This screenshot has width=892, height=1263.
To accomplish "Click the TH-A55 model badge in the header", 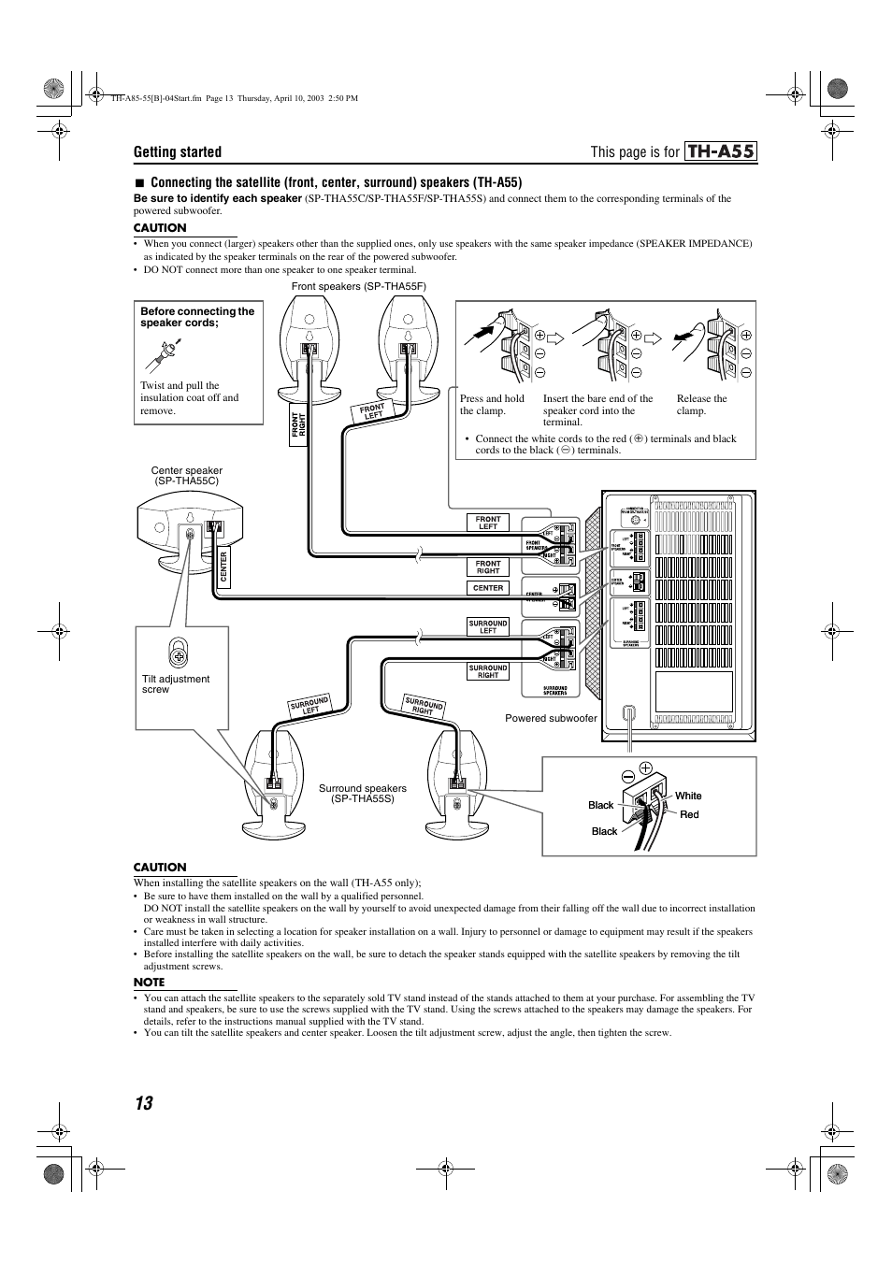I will click(x=719, y=152).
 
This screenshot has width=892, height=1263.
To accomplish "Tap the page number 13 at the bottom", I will click(x=142, y=1103).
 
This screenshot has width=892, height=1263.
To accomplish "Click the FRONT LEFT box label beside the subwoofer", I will click(x=488, y=523).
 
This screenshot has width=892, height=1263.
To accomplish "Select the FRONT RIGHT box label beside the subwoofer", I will click(x=488, y=567).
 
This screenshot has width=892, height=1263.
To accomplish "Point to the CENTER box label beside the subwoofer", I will click(x=488, y=588).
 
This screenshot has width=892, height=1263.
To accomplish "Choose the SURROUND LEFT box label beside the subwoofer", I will click(x=488, y=626).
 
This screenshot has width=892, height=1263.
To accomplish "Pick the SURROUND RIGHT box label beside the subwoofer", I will click(x=488, y=671).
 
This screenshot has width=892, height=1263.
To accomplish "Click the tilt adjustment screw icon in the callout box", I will click(x=180, y=650).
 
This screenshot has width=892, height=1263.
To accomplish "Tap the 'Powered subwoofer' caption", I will click(x=551, y=718).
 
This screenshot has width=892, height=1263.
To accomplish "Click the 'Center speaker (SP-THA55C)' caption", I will click(x=187, y=476).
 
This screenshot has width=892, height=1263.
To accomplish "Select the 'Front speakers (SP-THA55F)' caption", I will click(x=338, y=286).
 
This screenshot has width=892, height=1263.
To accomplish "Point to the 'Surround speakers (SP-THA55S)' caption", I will click(x=363, y=794).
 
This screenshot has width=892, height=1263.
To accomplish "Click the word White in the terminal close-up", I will click(x=688, y=796).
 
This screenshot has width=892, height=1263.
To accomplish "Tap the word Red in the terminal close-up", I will click(x=689, y=814).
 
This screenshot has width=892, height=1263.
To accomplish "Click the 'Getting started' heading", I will click(x=178, y=152).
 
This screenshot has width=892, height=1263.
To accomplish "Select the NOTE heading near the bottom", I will click(x=150, y=982).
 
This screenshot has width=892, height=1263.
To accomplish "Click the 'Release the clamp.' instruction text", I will click(x=701, y=405).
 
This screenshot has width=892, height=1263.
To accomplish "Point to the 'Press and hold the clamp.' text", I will click(x=492, y=405).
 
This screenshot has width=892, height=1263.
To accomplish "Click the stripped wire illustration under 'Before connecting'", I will click(x=166, y=352).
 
